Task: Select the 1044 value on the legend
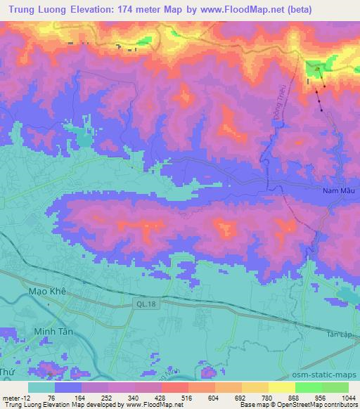(347, 398)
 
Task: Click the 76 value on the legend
(55, 398)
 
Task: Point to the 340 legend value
(131, 398)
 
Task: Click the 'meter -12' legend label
(15, 398)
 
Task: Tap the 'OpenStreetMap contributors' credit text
(324, 405)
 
